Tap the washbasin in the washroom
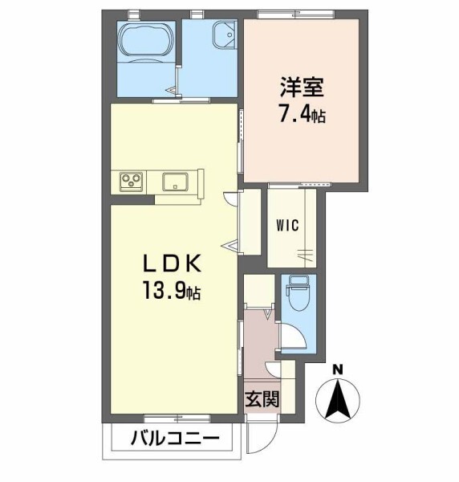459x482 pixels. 224,35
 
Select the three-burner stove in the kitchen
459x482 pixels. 132,182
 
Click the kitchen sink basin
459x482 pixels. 175,182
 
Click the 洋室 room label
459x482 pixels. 302,87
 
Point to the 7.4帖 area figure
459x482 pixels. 302,113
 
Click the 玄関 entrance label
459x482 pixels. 262,399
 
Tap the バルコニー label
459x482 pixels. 175,439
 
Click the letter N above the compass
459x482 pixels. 338,370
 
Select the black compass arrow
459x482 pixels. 338,399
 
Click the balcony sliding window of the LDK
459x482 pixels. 177,418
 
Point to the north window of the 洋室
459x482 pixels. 295,14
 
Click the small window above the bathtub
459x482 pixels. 133,14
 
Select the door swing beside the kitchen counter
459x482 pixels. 231,199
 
